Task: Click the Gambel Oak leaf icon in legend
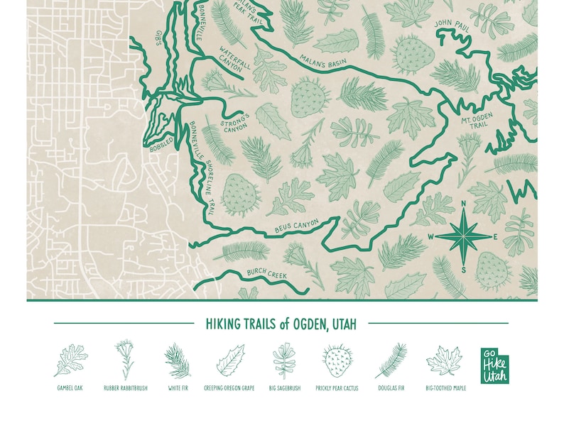point(70,361)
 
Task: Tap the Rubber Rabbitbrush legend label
point(126,388)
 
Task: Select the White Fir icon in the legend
point(178,361)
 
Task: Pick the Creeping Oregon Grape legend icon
point(230,361)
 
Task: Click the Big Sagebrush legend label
point(284,388)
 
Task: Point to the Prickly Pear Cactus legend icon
point(337,361)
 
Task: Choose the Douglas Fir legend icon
point(391,361)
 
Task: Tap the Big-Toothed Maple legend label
point(445,388)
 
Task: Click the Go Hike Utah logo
point(494,366)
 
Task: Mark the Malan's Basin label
point(322,62)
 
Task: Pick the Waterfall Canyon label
point(234,60)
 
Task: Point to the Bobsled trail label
point(161,145)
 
